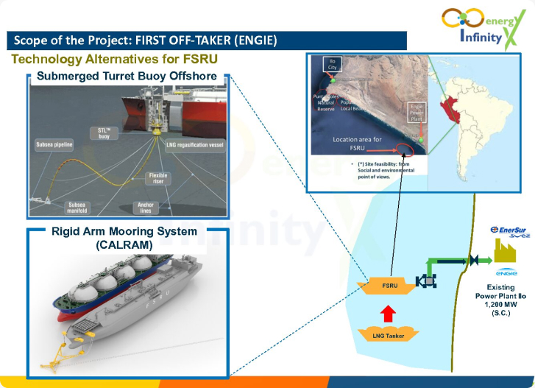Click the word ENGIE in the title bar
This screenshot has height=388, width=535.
pos(253,40)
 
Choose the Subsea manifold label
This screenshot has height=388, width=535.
pos(77,207)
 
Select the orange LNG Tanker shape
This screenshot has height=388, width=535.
pos(390,335)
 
